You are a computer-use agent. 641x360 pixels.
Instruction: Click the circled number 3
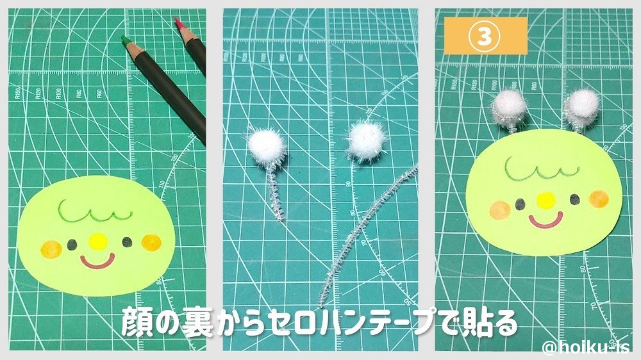point(485,36)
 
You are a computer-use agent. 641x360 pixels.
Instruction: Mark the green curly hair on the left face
point(89,213)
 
